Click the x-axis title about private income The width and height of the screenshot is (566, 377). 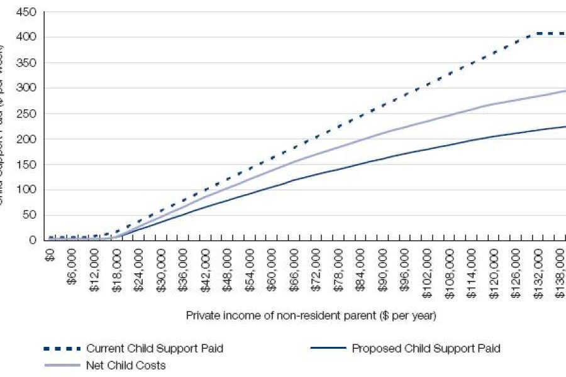tap(311, 315)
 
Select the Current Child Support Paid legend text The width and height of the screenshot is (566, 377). tap(154, 348)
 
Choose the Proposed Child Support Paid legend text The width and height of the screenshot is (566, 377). tap(426, 348)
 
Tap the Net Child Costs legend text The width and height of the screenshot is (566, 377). tap(126, 365)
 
